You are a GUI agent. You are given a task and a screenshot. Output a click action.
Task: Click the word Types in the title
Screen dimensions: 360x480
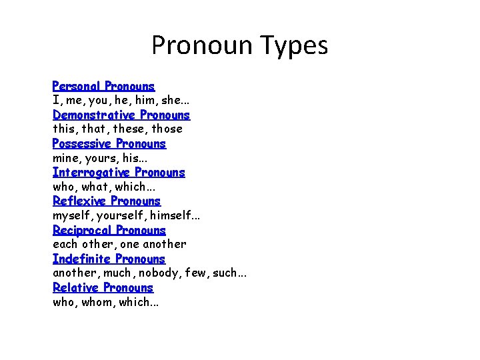click(x=294, y=46)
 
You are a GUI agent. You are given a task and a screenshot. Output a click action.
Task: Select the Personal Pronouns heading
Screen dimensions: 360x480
click(x=103, y=86)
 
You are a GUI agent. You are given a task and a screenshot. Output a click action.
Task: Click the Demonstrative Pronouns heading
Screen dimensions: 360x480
click(x=121, y=115)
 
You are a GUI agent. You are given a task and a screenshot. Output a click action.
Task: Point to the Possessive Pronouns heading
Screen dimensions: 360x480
click(x=109, y=143)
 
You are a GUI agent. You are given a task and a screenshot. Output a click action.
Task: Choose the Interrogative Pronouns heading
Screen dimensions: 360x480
click(x=119, y=172)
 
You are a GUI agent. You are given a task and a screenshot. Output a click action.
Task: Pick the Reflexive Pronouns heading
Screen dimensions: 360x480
click(x=107, y=201)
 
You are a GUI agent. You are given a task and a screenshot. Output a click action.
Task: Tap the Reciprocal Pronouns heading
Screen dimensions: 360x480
click(x=109, y=230)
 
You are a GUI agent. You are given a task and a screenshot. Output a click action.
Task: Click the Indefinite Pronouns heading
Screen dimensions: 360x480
click(x=109, y=259)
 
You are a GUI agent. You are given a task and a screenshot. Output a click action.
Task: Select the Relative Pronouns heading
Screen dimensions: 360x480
click(x=103, y=287)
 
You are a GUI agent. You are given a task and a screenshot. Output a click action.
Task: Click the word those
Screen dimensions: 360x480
click(x=166, y=129)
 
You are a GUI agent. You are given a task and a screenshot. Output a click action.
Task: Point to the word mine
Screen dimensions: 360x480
click(x=65, y=158)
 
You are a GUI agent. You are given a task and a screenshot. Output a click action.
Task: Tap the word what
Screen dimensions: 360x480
click(x=96, y=187)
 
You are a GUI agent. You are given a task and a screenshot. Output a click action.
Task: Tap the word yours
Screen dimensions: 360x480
click(x=101, y=158)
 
